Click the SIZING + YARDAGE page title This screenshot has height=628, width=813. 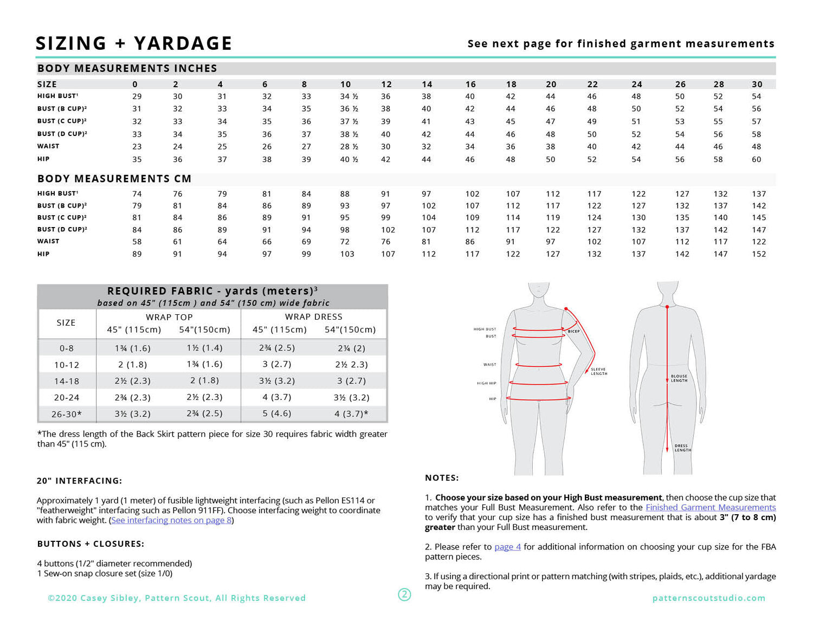134,43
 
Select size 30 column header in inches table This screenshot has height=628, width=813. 757,84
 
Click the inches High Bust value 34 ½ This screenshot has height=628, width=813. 349,96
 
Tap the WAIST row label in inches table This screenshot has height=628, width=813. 48,146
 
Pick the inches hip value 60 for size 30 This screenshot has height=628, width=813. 756,159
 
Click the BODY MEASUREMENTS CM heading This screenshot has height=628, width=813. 114,179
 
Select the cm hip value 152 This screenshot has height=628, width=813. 759,254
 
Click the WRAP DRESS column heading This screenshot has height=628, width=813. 313,316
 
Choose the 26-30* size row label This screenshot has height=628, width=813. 66,414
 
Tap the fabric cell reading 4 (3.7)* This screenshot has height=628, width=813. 351,414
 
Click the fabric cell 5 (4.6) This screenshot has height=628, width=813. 276,413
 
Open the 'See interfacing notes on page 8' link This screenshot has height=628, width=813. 171,520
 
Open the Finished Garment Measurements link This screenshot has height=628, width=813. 711,508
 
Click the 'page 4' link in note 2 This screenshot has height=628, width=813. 507,547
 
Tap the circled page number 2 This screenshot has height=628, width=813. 404,594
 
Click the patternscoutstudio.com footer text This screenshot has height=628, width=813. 708,598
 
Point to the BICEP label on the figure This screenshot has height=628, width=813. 573,331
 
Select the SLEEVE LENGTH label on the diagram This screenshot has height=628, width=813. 599,371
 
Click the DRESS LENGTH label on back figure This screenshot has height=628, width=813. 682,448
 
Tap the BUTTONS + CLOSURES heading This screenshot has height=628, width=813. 91,544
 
